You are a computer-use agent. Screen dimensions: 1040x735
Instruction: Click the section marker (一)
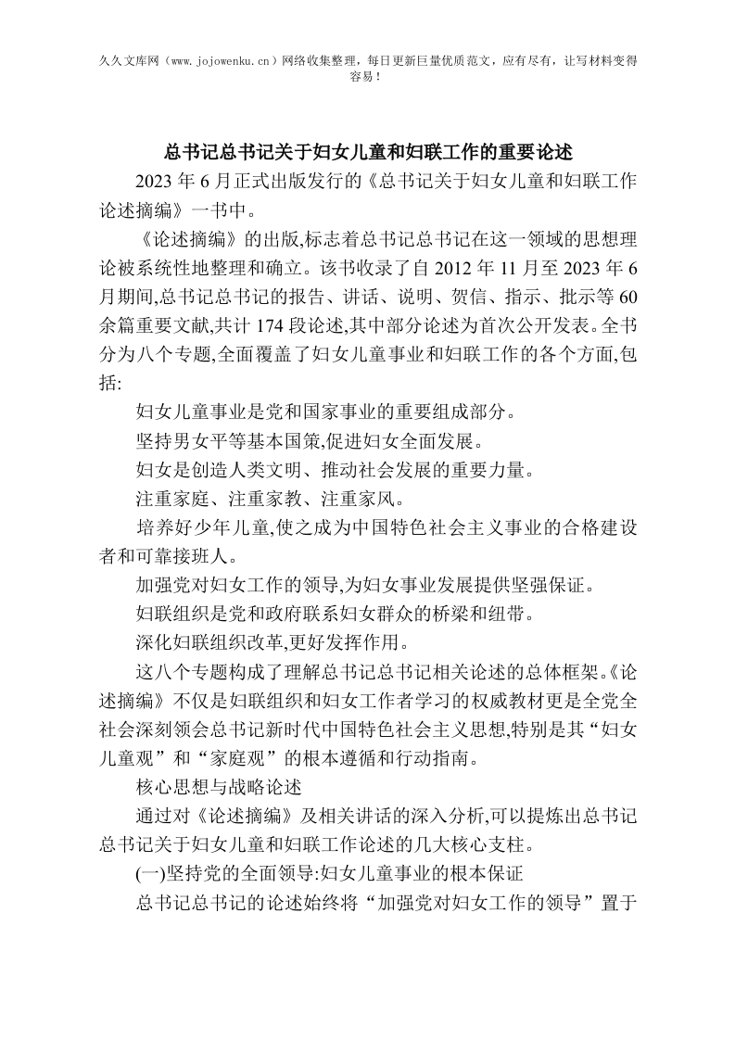pos(150,872)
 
